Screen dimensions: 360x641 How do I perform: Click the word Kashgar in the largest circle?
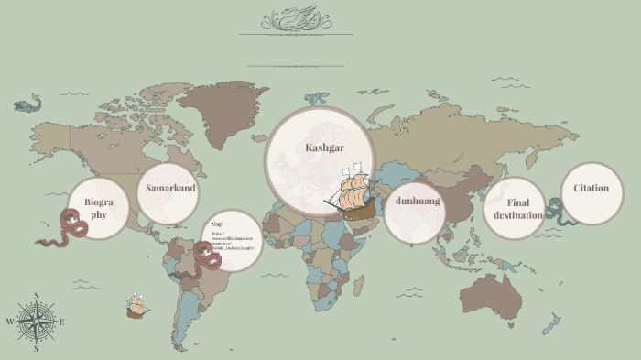pyautogui.click(x=324, y=147)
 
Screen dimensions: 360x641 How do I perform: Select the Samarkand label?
pyautogui.click(x=170, y=188)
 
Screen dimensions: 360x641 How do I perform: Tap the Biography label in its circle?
pyautogui.click(x=98, y=207)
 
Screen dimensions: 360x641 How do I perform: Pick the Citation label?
pyautogui.click(x=591, y=188)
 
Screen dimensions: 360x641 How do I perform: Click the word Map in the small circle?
pyautogui.click(x=216, y=224)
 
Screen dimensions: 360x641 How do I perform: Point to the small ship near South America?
pyautogui.click(x=137, y=307)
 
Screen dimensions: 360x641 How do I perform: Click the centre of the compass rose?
pyautogui.click(x=36, y=322)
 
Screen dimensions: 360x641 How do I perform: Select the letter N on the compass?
pyautogui.click(x=36, y=295)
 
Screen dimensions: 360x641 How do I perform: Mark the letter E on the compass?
pyautogui.click(x=61, y=322)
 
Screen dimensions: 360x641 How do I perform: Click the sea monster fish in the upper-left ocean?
pyautogui.click(x=27, y=105)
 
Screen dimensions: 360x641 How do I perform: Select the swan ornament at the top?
pyautogui.click(x=297, y=19)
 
